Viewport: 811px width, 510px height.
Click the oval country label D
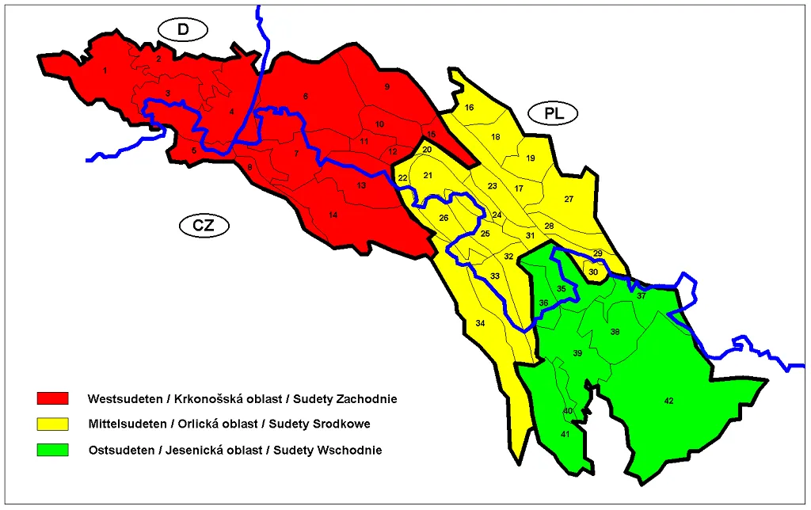pyautogui.click(x=182, y=30)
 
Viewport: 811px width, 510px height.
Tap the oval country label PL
pyautogui.click(x=554, y=113)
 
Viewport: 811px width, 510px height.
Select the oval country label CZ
pyautogui.click(x=204, y=226)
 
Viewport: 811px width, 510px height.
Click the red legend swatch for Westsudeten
pyautogui.click(x=53, y=398)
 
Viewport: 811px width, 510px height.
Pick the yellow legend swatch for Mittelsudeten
pyautogui.click(x=53, y=424)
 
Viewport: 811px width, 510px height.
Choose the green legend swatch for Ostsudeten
pyautogui.click(x=53, y=451)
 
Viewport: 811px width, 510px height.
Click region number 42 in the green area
pyautogui.click(x=668, y=402)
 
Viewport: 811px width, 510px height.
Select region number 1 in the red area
pyautogui.click(x=105, y=71)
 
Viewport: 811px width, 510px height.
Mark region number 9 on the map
pyautogui.click(x=387, y=86)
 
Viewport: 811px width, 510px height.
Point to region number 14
pyautogui.click(x=333, y=215)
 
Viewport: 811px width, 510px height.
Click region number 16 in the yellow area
pyautogui.click(x=469, y=108)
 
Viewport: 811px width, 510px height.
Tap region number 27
pyautogui.click(x=569, y=200)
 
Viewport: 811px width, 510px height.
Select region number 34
pyautogui.click(x=480, y=323)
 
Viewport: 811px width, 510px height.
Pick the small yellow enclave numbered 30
pyautogui.click(x=593, y=272)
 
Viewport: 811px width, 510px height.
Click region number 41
pyautogui.click(x=565, y=434)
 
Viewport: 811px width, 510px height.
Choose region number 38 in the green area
pyautogui.click(x=615, y=333)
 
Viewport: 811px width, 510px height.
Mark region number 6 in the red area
pyautogui.click(x=305, y=97)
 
